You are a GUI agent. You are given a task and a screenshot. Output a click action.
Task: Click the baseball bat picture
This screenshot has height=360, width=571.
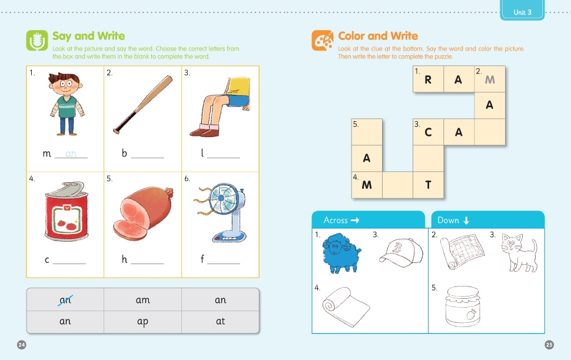tap(142, 105)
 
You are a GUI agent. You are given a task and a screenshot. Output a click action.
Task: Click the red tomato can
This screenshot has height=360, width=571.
tap(67, 211)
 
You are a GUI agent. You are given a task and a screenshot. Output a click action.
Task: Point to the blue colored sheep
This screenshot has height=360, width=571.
tap(341, 254)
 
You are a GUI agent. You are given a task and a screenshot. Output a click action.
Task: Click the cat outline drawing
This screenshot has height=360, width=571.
tap(519, 252)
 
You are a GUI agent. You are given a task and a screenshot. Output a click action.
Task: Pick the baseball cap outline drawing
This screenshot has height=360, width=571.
tap(401, 252)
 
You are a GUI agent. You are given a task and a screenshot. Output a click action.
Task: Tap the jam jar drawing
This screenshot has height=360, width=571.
tap(463, 306)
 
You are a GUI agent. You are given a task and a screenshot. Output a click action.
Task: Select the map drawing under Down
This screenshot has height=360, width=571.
tap(462, 251)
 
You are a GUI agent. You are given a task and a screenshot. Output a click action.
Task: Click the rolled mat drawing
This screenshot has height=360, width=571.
tap(346, 306)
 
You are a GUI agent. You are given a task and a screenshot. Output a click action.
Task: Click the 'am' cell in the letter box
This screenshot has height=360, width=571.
tap(142, 299)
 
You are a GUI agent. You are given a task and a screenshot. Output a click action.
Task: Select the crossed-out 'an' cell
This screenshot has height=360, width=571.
tap(65, 299)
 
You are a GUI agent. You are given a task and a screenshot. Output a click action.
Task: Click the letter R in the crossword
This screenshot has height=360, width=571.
tap(428, 80)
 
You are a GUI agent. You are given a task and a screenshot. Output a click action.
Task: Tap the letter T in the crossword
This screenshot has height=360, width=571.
tap(429, 185)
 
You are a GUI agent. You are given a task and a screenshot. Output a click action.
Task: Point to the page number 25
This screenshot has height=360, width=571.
tap(549, 345)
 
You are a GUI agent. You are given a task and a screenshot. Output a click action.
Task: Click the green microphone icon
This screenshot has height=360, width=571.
tap(36, 41)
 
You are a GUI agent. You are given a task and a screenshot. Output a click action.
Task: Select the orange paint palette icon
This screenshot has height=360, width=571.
tap(322, 40)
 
